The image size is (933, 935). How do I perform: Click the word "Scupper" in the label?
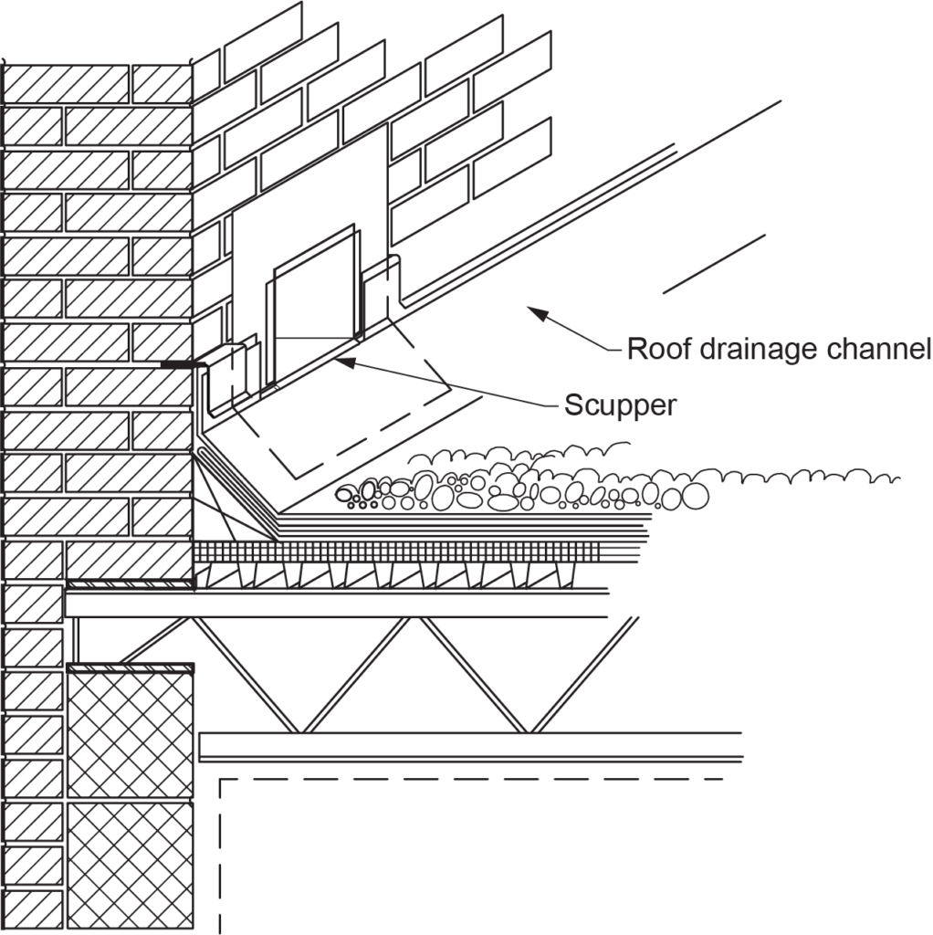[620, 404]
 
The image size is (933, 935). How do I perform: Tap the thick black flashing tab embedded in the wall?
[180, 364]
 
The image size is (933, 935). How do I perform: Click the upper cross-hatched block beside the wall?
[131, 735]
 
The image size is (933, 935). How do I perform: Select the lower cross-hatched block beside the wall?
[131, 867]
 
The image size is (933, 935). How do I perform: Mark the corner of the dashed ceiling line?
[221, 781]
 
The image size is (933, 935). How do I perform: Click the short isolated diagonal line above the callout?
[713, 264]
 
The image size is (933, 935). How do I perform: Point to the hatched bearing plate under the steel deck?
[131, 583]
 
